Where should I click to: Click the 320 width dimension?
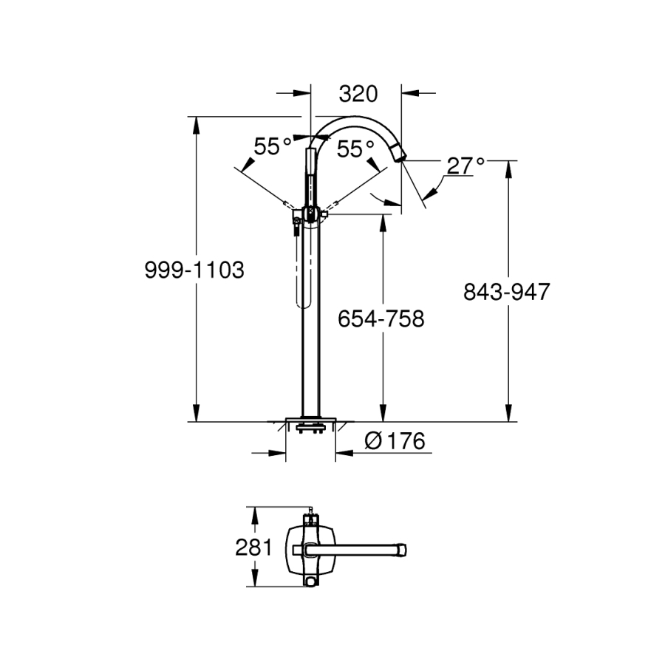point(358,94)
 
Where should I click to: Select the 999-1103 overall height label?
point(194,270)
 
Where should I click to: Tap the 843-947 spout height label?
point(506,292)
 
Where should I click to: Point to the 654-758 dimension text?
point(381,318)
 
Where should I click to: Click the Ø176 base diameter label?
point(395,441)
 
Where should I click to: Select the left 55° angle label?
point(272,147)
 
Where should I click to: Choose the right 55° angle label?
point(356,149)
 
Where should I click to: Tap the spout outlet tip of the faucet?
point(402,154)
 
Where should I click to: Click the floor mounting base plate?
point(310,426)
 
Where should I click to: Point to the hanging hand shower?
point(301,266)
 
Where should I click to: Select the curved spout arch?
point(355,121)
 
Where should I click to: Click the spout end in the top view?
point(403,550)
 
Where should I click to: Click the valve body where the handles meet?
point(312,214)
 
